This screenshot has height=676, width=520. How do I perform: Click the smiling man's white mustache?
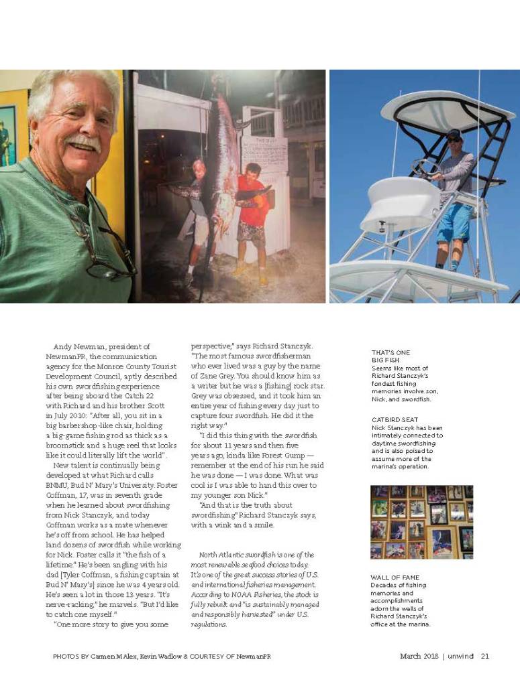pos(83,143)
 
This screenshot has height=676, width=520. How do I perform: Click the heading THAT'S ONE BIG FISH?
pos(391,356)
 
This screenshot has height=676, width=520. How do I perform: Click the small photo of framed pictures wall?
pos(421,522)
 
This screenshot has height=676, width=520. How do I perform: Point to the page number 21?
pos(484,656)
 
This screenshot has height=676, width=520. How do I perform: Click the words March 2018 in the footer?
pos(419,656)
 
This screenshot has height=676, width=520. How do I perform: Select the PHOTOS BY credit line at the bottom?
pos(161,656)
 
